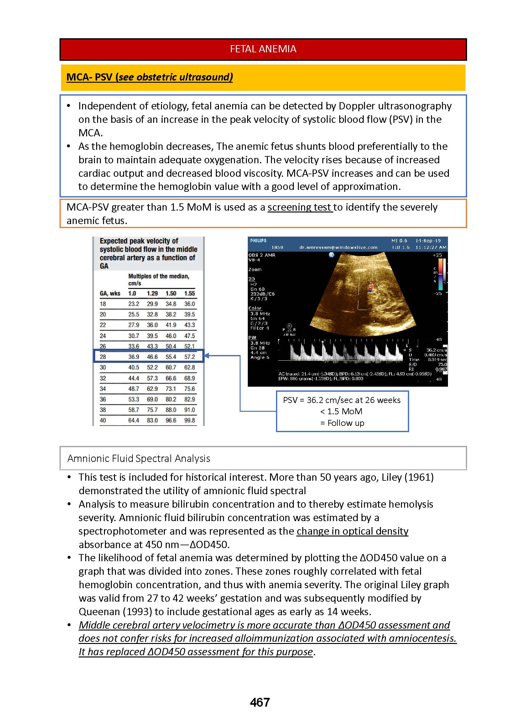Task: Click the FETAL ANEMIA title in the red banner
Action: (263, 49)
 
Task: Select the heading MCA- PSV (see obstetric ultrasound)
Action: (149, 77)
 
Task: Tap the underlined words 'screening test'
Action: (300, 207)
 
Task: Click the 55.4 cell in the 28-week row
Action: (171, 357)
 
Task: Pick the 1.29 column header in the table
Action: (152, 293)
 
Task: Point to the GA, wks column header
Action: (110, 293)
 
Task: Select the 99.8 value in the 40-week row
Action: (189, 420)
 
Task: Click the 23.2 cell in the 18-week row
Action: (133, 304)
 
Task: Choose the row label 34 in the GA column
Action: (102, 389)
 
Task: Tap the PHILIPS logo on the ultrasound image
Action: (258, 241)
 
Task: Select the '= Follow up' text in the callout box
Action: (342, 423)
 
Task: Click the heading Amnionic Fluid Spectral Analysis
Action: (139, 459)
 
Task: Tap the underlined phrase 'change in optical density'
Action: (352, 531)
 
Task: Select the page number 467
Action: (260, 702)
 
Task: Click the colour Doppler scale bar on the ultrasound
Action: (441, 274)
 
